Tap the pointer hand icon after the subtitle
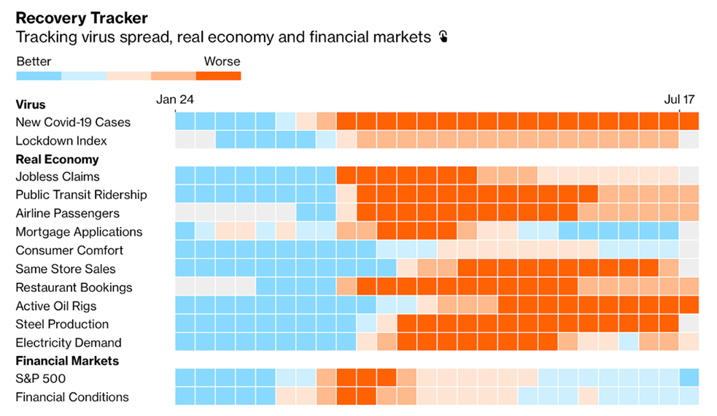coord(443,36)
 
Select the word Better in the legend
coord(34,61)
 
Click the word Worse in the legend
coord(222,61)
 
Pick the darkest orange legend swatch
coord(218,75)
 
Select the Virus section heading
coord(31,104)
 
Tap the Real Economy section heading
coord(57,159)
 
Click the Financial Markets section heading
coord(67,361)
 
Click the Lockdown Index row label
coord(61,140)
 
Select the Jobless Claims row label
coord(58,177)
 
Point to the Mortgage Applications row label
coord(79,231)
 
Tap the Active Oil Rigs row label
coord(56,306)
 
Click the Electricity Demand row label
coord(69,342)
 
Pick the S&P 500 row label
coord(41,379)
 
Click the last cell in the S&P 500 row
coord(689,377)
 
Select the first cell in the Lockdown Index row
coord(185,139)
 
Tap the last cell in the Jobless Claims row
coord(689,175)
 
